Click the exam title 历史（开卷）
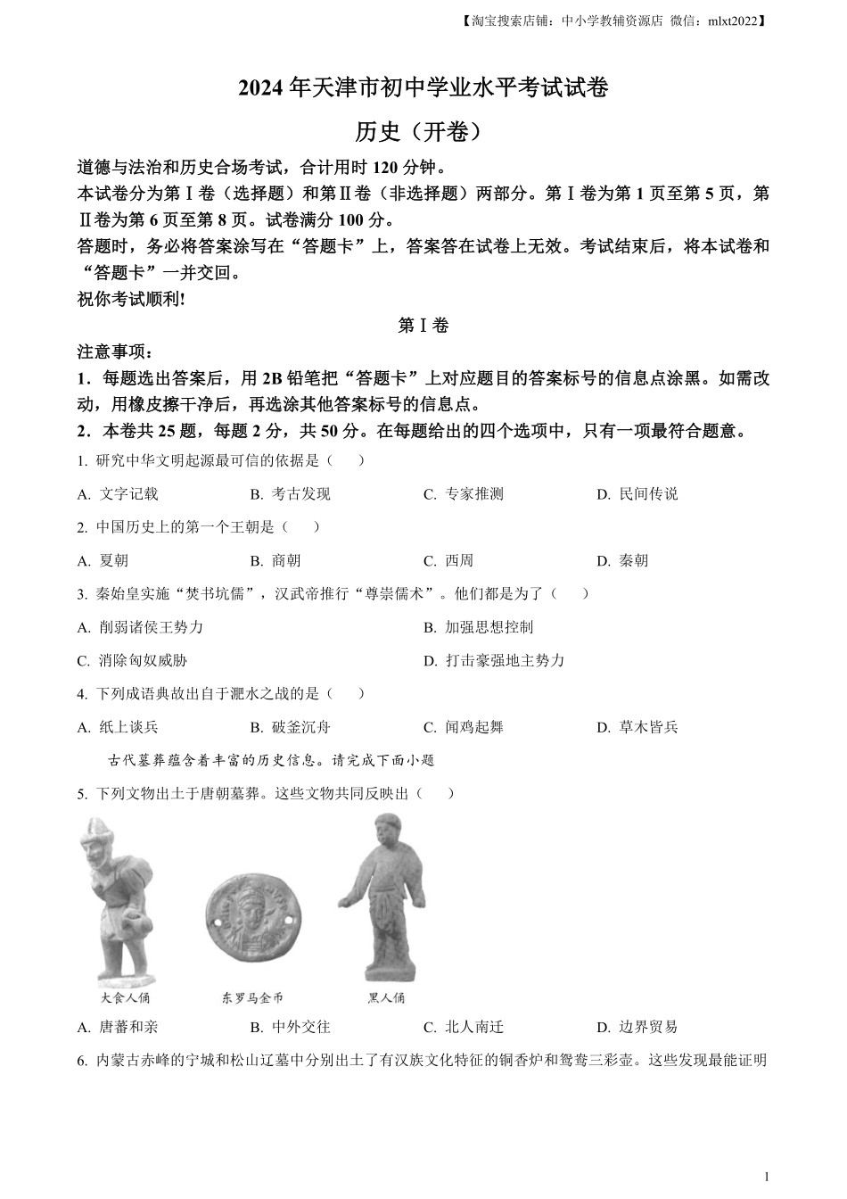[x=423, y=132]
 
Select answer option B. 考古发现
[x=290, y=494]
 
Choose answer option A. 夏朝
[x=103, y=561]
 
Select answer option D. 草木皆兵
[x=637, y=727]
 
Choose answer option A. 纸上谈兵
[x=118, y=727]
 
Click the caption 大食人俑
[x=126, y=997]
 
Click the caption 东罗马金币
[x=251, y=997]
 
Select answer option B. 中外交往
[x=290, y=1027]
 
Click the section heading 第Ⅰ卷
[x=423, y=326]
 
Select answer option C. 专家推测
[x=464, y=494]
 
